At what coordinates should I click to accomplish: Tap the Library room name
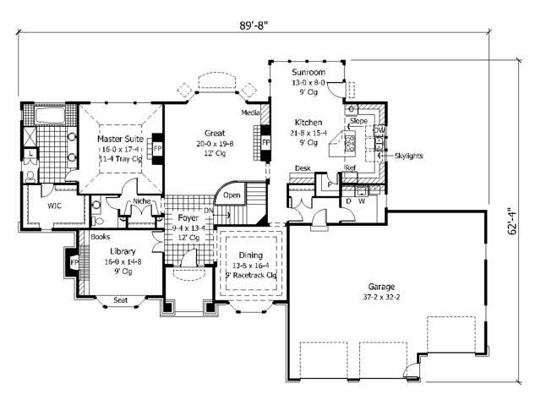124,251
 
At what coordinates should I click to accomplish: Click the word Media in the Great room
250,112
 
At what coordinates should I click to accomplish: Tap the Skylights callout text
409,156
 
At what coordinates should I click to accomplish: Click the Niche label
141,201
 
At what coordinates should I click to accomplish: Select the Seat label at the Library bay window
121,299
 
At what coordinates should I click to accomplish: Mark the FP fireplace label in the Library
74,263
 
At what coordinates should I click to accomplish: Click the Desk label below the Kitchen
302,169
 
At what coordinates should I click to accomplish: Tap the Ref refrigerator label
351,169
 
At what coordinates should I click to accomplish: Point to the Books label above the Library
100,238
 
